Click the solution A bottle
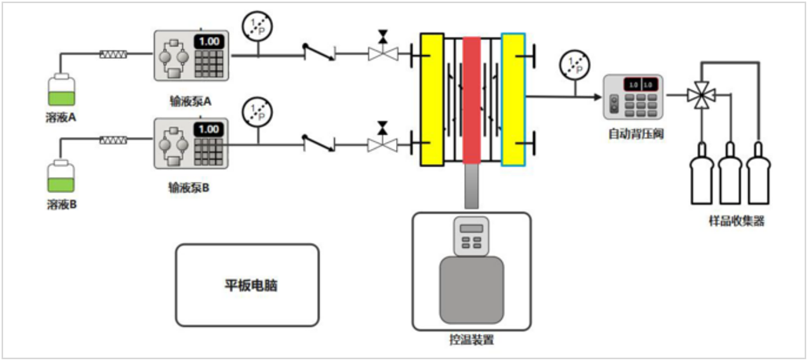(x=61, y=91)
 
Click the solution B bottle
(x=61, y=179)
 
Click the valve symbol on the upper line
(x=383, y=52)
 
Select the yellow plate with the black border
(x=432, y=100)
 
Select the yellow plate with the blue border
(x=514, y=100)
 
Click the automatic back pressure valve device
(x=633, y=97)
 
